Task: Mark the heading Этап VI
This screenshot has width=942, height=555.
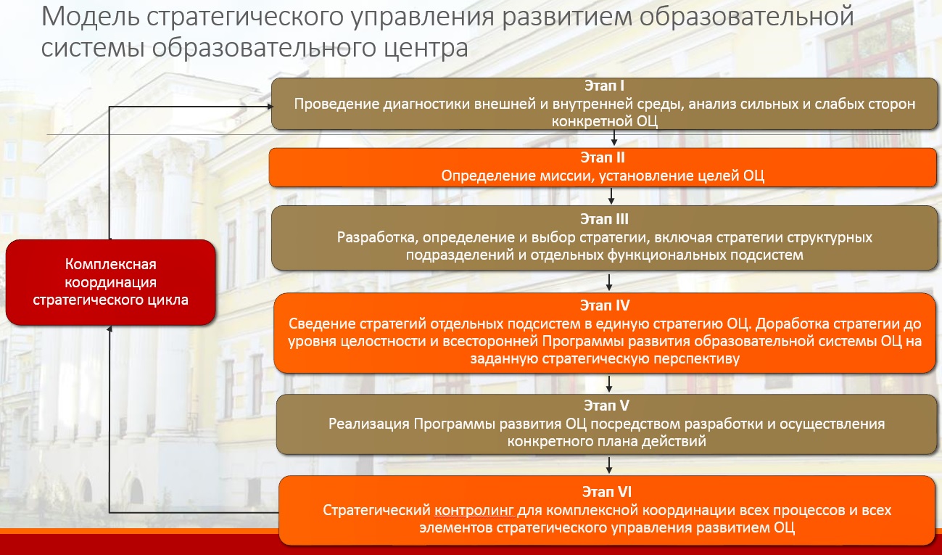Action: [x=606, y=492]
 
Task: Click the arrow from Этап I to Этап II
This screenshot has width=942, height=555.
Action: [x=614, y=138]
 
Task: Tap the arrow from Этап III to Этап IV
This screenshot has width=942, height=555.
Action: [x=609, y=281]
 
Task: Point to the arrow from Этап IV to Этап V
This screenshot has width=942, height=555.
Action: [x=610, y=383]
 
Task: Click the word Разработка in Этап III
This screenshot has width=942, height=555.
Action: [x=374, y=237]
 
